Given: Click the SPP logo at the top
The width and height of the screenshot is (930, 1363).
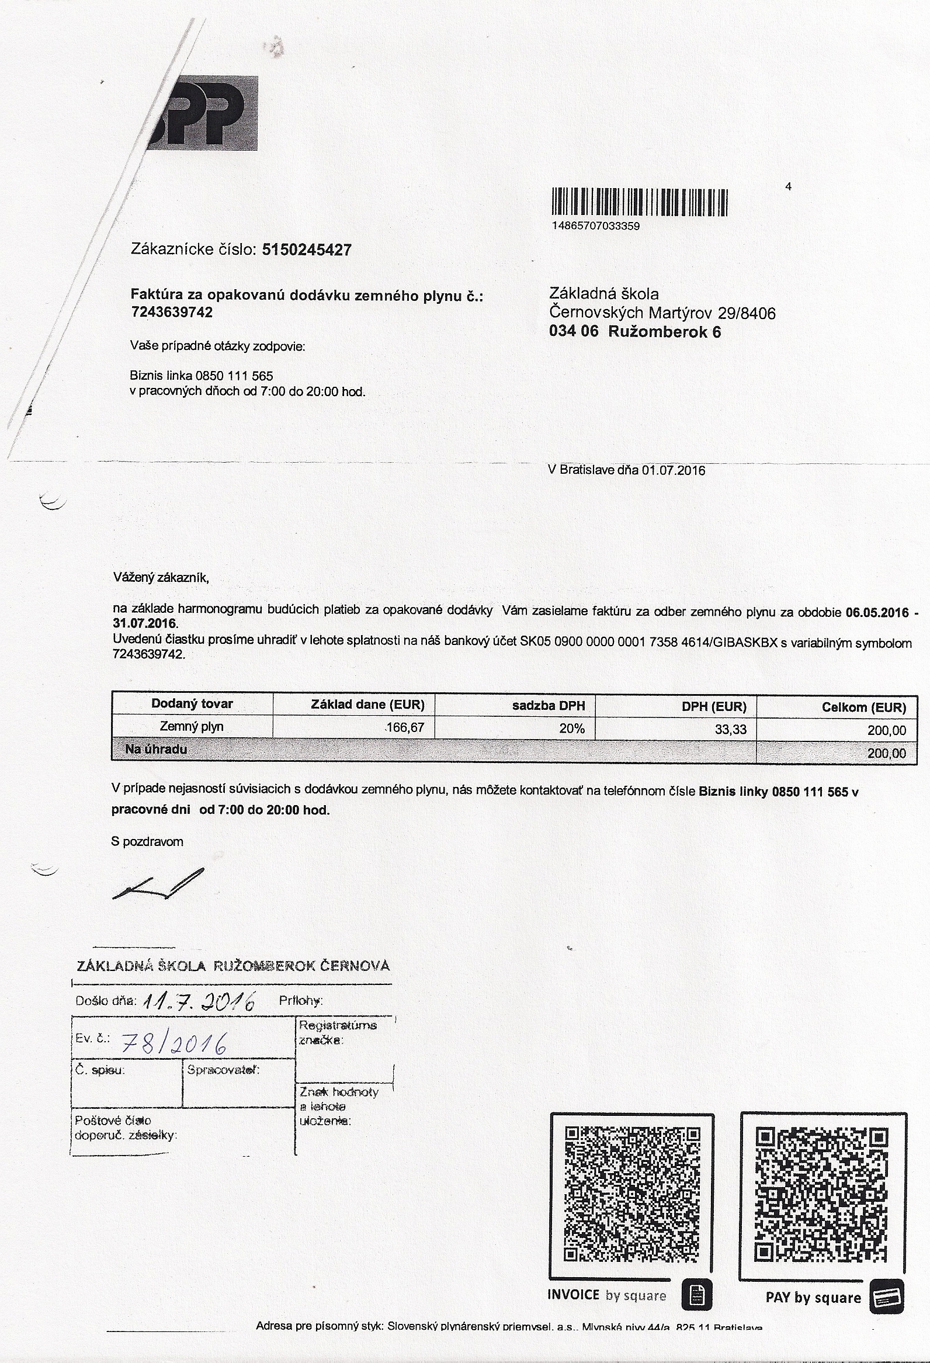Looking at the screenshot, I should (x=202, y=113).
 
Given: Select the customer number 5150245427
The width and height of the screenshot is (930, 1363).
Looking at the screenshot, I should (x=307, y=251).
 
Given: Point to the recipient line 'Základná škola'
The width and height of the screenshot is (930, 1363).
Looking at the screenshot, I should (x=603, y=294).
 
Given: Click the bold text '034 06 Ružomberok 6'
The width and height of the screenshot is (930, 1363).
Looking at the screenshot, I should (x=634, y=332).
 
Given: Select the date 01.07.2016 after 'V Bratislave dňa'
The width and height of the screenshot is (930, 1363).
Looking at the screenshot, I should (x=673, y=470).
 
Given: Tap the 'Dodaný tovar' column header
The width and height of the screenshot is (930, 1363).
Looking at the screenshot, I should (x=192, y=704).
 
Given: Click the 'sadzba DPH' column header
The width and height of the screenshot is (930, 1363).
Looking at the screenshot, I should (x=549, y=706).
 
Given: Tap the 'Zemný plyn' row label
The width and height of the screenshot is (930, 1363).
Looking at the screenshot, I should (x=192, y=727).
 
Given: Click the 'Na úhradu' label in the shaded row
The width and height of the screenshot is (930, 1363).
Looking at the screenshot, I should (x=156, y=750).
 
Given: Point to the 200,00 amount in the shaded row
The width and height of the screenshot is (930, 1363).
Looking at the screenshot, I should (x=886, y=753).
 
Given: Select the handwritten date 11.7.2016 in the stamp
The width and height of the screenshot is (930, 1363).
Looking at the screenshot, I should (x=199, y=1001).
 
